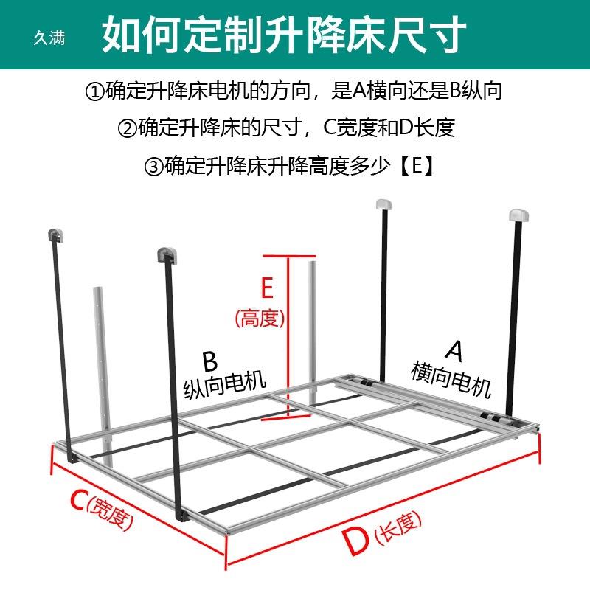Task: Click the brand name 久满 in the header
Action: coord(49,36)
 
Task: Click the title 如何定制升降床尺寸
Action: coord(284,34)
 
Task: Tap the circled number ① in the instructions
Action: coord(94,92)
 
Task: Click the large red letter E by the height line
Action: coord(266,287)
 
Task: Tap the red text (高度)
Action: coord(260,319)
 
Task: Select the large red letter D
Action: coord(355,544)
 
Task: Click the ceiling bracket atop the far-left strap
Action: coord(55,235)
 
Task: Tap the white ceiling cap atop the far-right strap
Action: coord(518,216)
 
